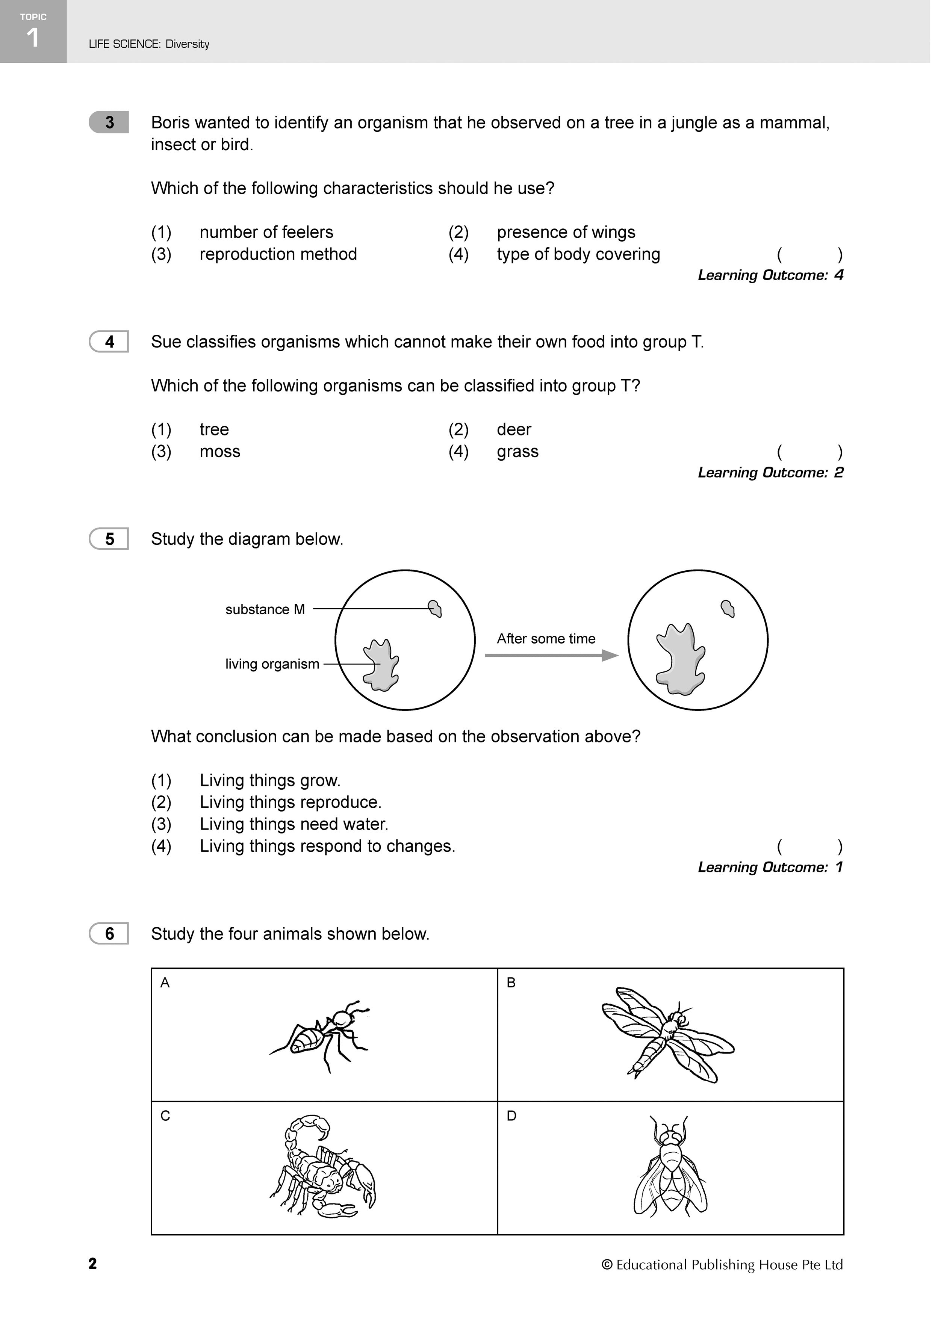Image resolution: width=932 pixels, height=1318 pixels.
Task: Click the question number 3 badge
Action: pos(109,122)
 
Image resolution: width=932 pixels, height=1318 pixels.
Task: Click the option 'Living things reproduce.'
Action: pos(290,802)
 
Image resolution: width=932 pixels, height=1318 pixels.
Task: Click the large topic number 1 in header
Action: pos(33,38)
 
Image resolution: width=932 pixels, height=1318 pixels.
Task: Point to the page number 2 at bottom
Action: pos(92,1264)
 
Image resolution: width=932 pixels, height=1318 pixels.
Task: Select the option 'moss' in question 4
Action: pos(219,452)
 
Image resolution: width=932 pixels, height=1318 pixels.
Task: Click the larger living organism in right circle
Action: pos(681,658)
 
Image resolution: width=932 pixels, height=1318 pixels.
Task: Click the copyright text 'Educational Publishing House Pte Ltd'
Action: pos(729,1265)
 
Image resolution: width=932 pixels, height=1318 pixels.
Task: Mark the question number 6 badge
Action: pos(109,934)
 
